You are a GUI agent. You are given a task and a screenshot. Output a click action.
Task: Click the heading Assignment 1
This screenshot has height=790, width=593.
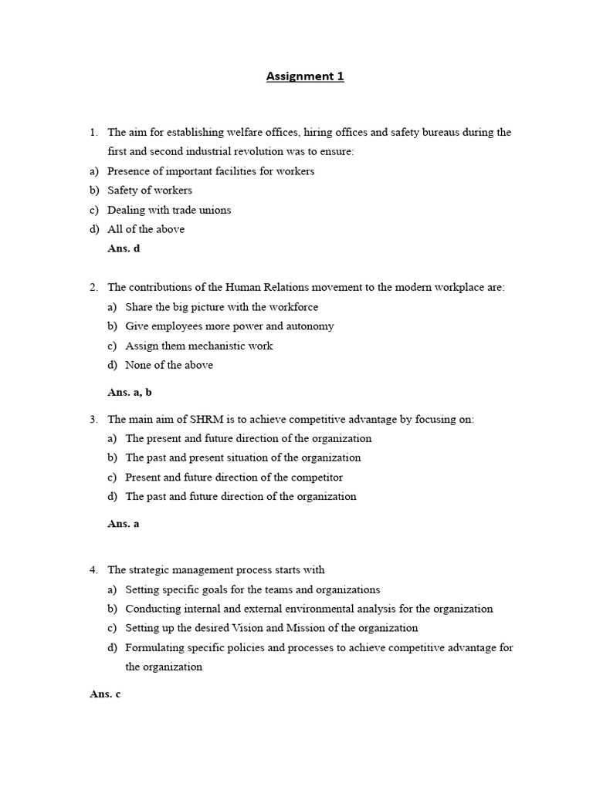[x=305, y=76]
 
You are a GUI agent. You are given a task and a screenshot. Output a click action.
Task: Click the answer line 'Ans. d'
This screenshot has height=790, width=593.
[x=124, y=248]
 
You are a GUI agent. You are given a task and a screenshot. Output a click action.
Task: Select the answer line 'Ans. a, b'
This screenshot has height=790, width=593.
[x=130, y=392]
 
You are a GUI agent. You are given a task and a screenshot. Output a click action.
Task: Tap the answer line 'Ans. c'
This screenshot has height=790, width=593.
[x=105, y=694]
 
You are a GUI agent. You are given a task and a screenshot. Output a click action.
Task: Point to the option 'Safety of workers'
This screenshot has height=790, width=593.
[x=150, y=191]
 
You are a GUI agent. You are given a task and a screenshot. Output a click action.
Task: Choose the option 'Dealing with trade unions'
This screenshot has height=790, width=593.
[x=169, y=210]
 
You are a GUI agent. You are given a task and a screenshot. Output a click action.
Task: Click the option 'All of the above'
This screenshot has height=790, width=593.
[x=146, y=229]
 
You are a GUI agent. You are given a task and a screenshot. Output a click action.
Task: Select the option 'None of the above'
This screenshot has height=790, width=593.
[x=169, y=365]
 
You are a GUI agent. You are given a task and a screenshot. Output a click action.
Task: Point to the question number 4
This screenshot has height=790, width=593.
[x=93, y=570]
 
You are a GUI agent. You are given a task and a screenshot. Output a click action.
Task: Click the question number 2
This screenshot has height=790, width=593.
[x=93, y=287]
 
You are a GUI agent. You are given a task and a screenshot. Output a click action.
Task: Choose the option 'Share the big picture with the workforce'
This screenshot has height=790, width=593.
[x=222, y=307]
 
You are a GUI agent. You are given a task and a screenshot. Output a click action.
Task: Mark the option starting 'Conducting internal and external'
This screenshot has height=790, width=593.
[x=309, y=609]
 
